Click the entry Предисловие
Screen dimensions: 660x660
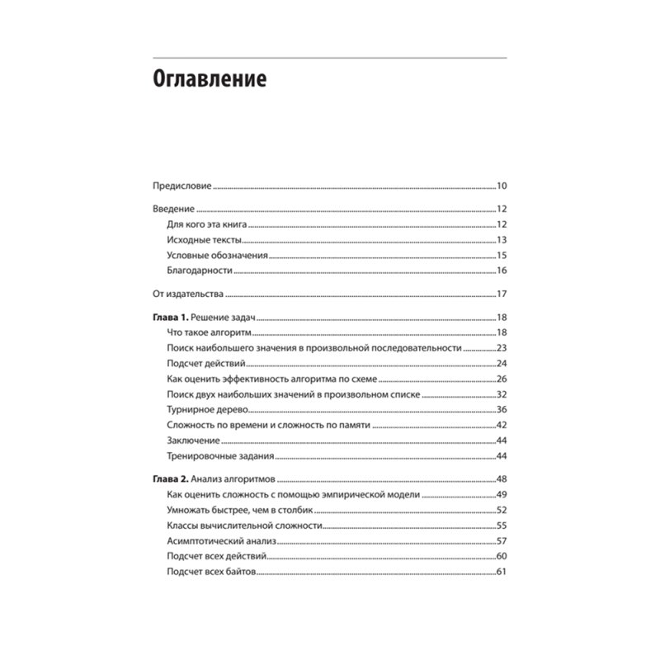coord(183,185)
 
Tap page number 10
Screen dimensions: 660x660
coord(501,185)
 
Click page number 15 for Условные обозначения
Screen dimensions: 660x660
coord(501,256)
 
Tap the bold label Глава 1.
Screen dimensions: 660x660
coord(172,318)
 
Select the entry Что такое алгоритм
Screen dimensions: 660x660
coord(209,332)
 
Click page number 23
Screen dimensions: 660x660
coord(501,348)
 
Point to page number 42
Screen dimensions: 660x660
coord(501,426)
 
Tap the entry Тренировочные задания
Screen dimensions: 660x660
coord(219,456)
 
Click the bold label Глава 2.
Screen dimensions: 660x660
coord(172,479)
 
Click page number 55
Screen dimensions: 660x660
coord(501,526)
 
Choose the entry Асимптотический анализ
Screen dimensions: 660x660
coord(221,541)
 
